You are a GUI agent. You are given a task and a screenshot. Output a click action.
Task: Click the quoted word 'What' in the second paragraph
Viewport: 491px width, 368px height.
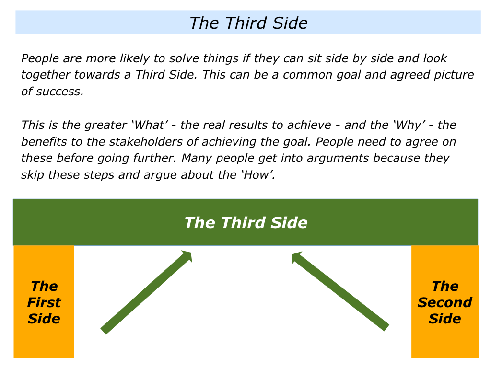click(149, 125)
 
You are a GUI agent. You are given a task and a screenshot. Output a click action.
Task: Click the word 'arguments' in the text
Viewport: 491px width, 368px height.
click(338, 159)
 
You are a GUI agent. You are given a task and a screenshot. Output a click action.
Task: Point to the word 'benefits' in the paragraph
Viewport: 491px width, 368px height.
click(44, 141)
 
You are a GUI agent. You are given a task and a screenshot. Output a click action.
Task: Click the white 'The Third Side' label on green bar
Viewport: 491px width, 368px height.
click(246, 222)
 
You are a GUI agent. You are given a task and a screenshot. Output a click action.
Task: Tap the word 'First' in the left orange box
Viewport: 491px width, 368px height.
click(44, 302)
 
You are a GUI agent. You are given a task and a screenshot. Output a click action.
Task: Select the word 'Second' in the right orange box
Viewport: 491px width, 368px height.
click(444, 302)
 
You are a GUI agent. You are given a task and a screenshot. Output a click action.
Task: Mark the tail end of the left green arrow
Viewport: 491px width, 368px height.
click(104, 332)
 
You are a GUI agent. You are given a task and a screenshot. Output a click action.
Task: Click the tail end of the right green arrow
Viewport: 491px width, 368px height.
click(386, 328)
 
